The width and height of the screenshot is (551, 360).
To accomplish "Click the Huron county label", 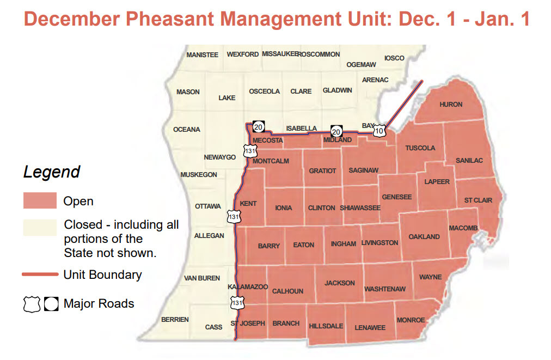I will tap(451, 104).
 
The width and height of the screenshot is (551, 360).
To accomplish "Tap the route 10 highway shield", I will tap(379, 131).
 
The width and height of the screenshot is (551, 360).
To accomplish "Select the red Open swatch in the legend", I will tap(40, 200).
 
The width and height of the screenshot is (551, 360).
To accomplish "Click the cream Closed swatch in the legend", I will tap(40, 227).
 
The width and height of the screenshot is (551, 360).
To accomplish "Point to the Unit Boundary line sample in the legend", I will tap(40, 274).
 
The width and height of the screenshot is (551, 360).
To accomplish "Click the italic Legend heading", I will tap(52, 172).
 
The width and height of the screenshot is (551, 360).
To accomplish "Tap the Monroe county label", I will tap(411, 320).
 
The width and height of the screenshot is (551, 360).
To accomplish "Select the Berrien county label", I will tap(175, 320).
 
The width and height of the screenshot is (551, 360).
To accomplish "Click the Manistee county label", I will tap(202, 55).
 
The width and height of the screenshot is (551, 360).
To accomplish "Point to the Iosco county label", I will tap(394, 58).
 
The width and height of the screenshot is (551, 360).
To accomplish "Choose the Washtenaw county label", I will tap(385, 289).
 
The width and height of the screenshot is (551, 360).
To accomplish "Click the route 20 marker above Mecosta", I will tap(259, 127).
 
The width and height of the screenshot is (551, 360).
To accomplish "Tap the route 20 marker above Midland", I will tap(336, 131).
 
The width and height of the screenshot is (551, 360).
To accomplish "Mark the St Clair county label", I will tap(478, 200).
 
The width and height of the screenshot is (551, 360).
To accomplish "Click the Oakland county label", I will tap(424, 237).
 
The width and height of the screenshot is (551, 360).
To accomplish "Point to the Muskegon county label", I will tap(199, 175).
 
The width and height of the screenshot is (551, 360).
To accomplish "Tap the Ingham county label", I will tap(343, 244).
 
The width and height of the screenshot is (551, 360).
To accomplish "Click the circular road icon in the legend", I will tap(51, 303).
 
